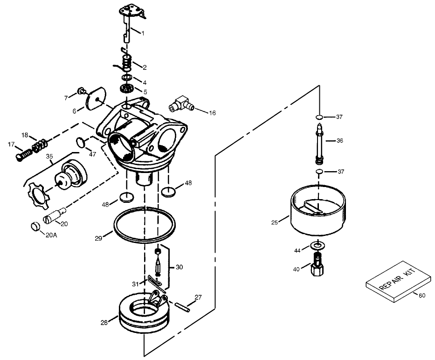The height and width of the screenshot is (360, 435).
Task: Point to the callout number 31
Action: tap(135, 284)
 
